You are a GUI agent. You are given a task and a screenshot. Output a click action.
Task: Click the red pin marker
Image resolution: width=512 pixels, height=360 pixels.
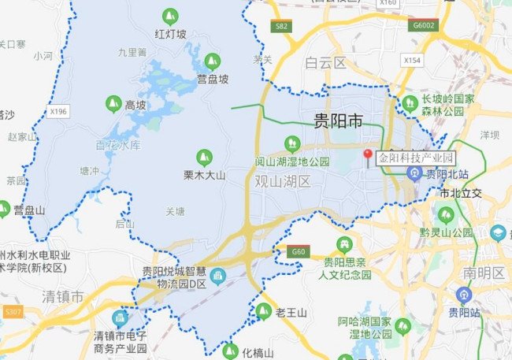click(x=366, y=155)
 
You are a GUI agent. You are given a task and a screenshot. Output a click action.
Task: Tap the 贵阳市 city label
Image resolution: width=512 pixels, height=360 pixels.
click(x=338, y=121)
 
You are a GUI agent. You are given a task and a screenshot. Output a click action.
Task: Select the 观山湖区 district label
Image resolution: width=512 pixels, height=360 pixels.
click(x=284, y=181)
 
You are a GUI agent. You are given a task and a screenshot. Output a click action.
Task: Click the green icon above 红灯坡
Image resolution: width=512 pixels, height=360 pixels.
click(x=169, y=16)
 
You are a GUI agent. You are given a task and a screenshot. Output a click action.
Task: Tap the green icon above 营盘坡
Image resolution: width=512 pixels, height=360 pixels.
click(x=212, y=61)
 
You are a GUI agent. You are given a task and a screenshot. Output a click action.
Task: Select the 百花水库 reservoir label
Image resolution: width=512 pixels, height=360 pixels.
click(x=118, y=146)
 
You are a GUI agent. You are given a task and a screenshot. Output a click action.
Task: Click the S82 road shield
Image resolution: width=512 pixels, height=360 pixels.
click(x=281, y=26)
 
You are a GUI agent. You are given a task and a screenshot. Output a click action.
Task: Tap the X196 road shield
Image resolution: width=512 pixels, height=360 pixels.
click(x=57, y=112)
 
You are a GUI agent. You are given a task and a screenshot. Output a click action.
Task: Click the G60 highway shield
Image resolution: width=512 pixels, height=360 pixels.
click(x=298, y=251)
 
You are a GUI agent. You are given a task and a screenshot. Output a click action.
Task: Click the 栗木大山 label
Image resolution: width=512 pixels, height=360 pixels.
click(x=205, y=174)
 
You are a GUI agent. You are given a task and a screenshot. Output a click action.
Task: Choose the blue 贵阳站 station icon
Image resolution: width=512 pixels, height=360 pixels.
click(x=465, y=295)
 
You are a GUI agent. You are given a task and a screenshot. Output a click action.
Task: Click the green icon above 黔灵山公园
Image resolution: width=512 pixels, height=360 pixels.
click(x=446, y=215)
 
